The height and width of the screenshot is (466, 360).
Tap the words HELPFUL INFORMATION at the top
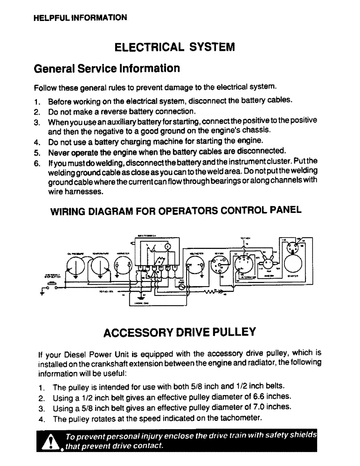pyautogui.click(x=80, y=18)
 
